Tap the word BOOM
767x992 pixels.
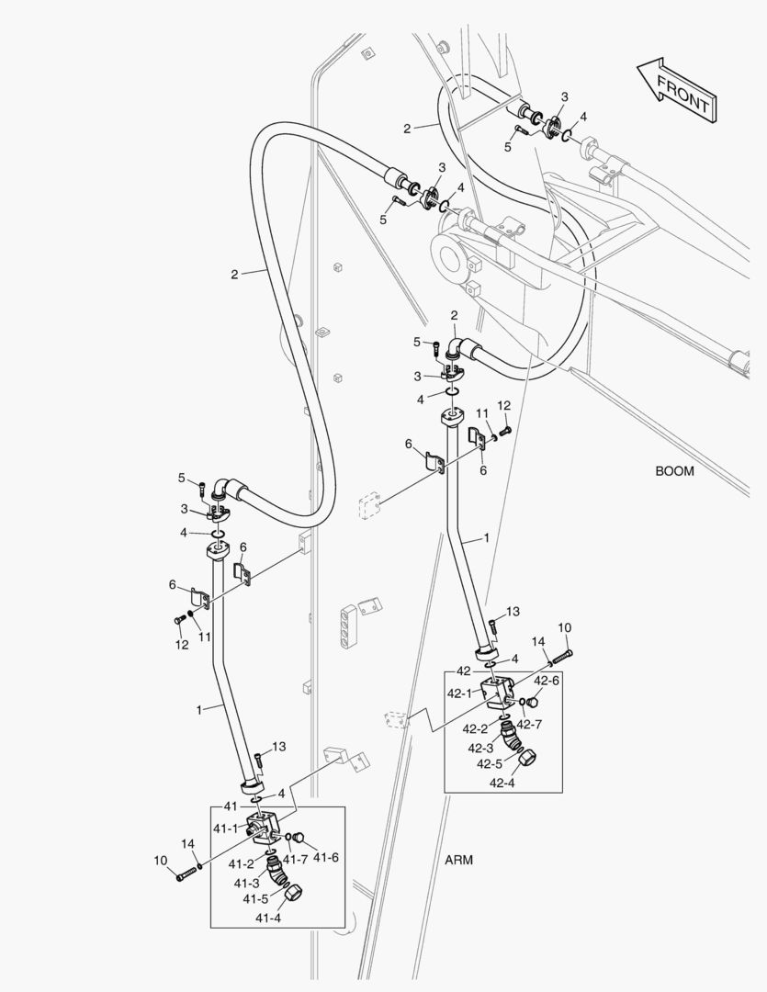coord(674,471)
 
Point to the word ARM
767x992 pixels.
coord(458,860)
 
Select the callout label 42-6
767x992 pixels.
coord(547,681)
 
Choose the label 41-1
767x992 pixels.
coord(226,828)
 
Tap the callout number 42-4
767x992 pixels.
coord(503,783)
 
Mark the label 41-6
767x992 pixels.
coord(326,858)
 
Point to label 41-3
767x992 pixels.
coord(246,884)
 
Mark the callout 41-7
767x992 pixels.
coord(295,859)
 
